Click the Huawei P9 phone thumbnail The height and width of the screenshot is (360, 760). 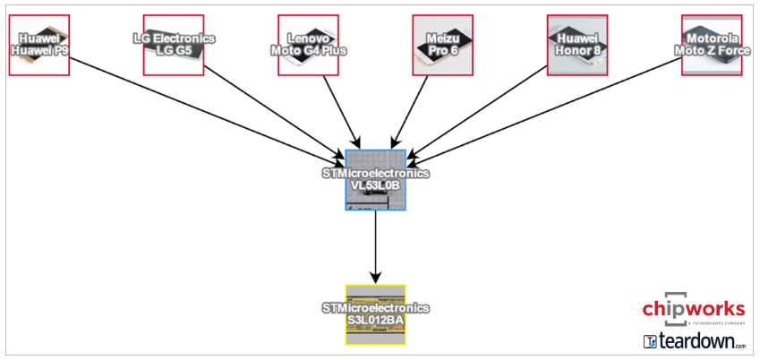pyautogui.click(x=39, y=45)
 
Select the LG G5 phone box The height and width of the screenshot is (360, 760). pyautogui.click(x=174, y=45)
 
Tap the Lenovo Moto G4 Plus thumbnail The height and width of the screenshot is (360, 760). pyautogui.click(x=308, y=45)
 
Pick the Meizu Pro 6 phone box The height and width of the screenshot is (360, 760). pyautogui.click(x=442, y=45)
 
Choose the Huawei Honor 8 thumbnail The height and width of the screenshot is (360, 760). pyautogui.click(x=577, y=45)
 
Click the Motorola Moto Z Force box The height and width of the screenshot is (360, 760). pyautogui.click(x=712, y=45)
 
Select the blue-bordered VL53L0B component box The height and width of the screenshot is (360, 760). pyautogui.click(x=376, y=180)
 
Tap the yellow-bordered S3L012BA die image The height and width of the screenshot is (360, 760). pyautogui.click(x=376, y=314)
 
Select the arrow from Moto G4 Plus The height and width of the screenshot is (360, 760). pyautogui.click(x=342, y=112)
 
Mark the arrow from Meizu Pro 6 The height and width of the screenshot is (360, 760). pyautogui.click(x=410, y=112)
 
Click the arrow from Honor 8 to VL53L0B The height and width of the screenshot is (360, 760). pyautogui.click(x=477, y=113)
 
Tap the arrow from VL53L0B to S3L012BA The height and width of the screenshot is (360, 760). pyautogui.click(x=376, y=247)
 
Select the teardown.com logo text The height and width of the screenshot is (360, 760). pyautogui.click(x=695, y=341)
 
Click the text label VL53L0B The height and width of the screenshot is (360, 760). pyautogui.click(x=376, y=185)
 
